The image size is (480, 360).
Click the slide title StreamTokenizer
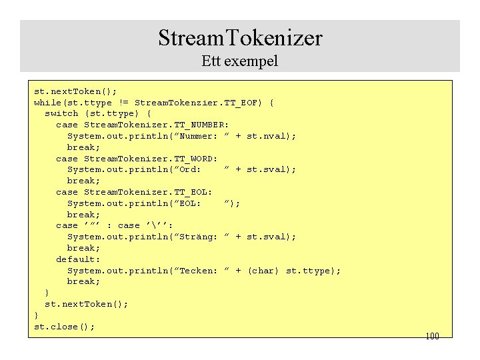coord(240,37)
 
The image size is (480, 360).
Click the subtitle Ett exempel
coord(240,61)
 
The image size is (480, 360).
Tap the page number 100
coord(432,336)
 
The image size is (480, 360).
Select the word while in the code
coord(47,103)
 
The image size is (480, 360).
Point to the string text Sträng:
coord(198,237)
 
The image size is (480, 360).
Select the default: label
coord(78,259)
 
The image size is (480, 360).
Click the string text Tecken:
coord(198,270)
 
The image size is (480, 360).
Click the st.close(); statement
coord(64,327)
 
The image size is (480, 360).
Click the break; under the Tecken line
coord(83,281)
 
